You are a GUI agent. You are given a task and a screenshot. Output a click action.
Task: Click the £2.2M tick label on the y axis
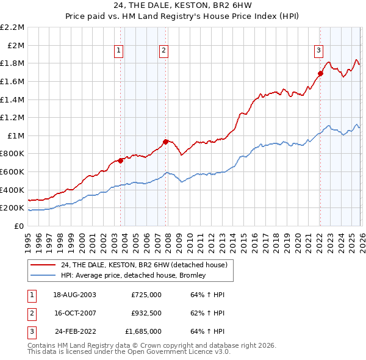coord(12,27)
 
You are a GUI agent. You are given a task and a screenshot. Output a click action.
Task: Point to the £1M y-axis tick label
coord(15,135)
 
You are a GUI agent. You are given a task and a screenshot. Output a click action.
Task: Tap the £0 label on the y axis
coord(19,226)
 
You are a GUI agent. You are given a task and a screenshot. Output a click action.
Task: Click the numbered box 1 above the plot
coord(118,51)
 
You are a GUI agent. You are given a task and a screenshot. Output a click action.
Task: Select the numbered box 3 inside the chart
coord(318,51)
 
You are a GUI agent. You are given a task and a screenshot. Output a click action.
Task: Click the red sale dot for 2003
coord(121,160)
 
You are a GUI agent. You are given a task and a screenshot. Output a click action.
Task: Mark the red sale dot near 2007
coord(166,142)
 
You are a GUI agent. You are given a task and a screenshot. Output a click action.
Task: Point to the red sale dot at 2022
coord(320,74)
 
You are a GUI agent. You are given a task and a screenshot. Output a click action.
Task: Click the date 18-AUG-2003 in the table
coord(74,295)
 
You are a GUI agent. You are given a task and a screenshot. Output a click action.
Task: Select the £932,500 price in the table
coord(146,313)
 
